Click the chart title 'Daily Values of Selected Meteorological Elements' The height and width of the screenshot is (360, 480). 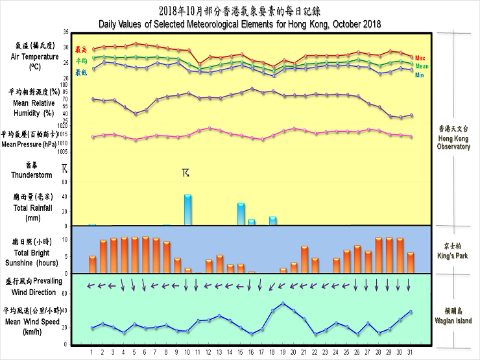240,24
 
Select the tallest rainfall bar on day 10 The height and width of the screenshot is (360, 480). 187,210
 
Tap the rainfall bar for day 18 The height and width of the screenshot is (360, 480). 273,221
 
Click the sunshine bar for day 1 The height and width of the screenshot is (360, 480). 93,264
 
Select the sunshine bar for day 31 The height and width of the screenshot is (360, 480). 411,263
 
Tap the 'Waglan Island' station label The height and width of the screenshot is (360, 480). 454,316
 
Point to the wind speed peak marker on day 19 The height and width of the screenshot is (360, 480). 283,303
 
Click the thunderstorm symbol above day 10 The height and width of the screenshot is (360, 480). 186,173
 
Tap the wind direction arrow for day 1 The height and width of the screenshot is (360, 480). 92,285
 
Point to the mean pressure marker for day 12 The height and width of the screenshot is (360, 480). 210,128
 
